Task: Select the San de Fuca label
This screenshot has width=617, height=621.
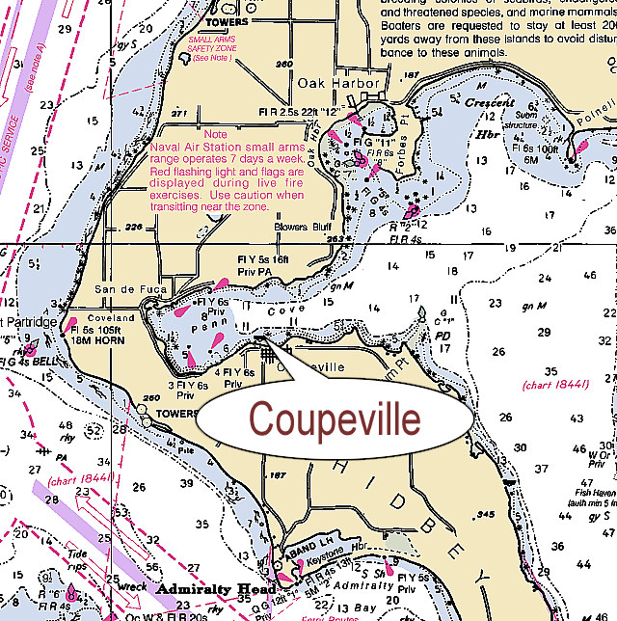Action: (131, 289)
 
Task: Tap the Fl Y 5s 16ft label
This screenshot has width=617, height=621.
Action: (263, 259)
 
